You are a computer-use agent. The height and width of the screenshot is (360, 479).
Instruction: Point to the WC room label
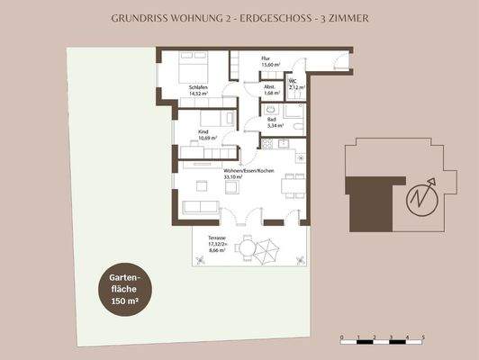(294, 81)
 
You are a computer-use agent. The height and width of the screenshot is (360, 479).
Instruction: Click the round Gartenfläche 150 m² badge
(123, 293)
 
